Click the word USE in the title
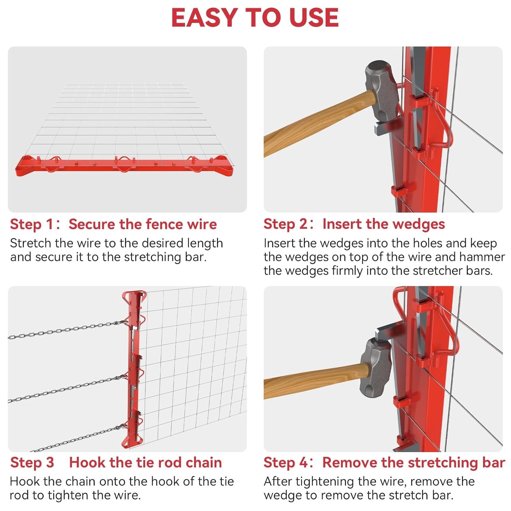click(x=314, y=18)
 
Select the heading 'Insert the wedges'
click(x=384, y=224)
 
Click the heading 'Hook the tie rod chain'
click(x=145, y=463)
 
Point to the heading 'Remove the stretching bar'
click(x=414, y=463)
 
